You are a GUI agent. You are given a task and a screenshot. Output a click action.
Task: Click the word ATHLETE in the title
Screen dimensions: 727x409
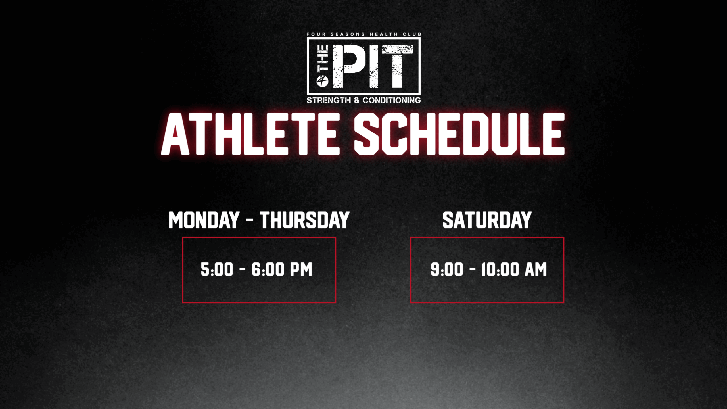[x=250, y=134]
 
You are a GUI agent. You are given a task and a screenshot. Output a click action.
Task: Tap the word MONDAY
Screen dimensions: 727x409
[x=204, y=220]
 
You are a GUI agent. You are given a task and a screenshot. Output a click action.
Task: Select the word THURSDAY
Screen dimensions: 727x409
[x=304, y=220]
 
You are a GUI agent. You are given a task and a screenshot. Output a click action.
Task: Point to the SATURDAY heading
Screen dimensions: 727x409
[x=487, y=220]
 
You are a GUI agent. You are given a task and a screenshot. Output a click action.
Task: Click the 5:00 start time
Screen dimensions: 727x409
[x=217, y=269]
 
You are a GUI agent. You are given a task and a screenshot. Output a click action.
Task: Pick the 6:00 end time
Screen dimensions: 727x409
[x=268, y=269]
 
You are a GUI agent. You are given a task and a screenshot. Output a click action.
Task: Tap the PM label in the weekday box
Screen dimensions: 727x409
[x=301, y=269]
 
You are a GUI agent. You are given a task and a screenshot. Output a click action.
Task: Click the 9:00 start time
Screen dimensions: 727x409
[x=447, y=269]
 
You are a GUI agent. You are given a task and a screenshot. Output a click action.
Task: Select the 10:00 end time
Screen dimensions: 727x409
[x=500, y=269]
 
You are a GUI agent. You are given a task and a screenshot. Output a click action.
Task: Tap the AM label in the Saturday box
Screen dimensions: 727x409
[x=536, y=269]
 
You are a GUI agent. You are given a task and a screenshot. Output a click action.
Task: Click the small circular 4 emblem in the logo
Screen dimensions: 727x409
[x=323, y=82]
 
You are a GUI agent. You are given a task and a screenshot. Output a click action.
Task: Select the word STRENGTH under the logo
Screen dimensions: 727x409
[x=329, y=100]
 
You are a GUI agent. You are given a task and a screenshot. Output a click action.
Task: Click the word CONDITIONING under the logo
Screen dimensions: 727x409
[x=392, y=100]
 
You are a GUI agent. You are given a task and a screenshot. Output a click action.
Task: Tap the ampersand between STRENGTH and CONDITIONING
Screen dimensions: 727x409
[x=357, y=100]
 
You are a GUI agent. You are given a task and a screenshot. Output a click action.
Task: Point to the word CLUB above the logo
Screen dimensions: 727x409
[x=412, y=34]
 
